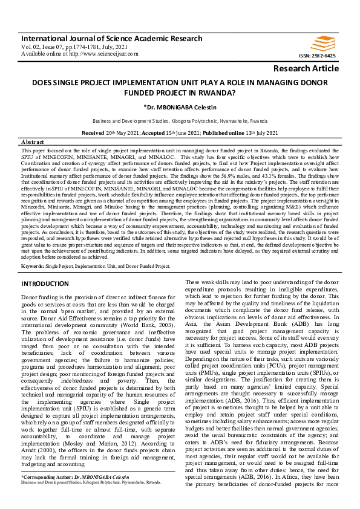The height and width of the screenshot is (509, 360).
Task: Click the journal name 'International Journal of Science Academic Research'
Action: [x=112, y=38]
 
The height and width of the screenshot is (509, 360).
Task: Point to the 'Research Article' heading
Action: [x=306, y=68]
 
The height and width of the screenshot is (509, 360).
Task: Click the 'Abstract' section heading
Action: [x=33, y=140]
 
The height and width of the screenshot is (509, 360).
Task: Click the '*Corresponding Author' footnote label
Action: [x=42, y=494]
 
